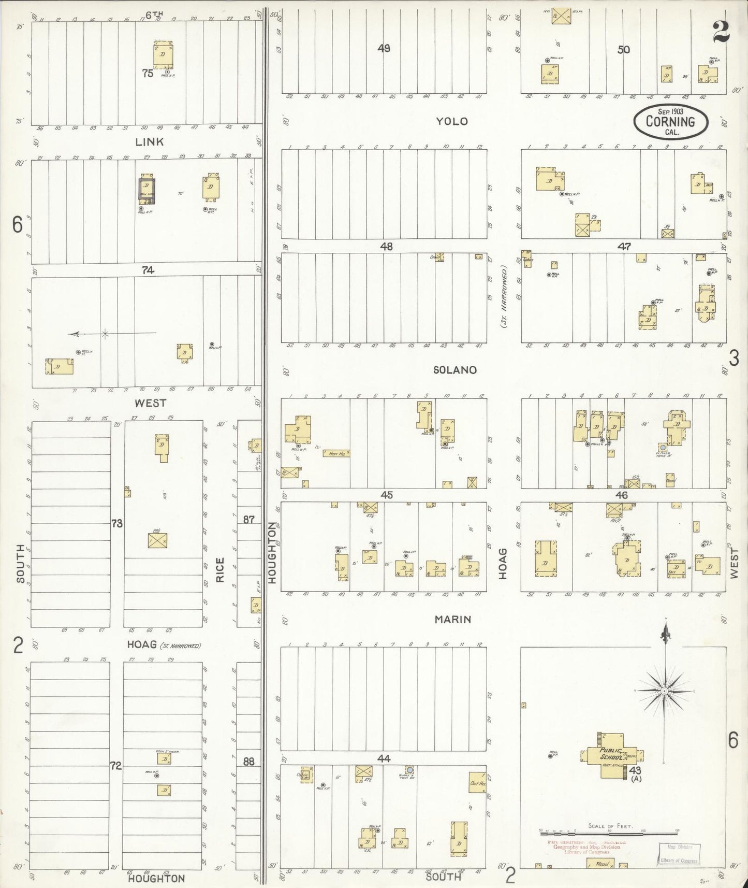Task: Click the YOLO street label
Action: pyautogui.click(x=451, y=121)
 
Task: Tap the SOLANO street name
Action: pyautogui.click(x=454, y=370)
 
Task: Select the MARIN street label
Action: pyautogui.click(x=452, y=619)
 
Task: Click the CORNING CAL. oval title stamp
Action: pyautogui.click(x=671, y=122)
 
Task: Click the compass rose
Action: pyautogui.click(x=664, y=691)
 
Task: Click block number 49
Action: pyautogui.click(x=384, y=49)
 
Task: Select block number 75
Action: pyautogui.click(x=148, y=74)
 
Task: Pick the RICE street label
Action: pyautogui.click(x=220, y=569)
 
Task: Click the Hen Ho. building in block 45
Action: pyautogui.click(x=336, y=453)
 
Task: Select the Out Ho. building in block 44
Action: pyautogui.click(x=477, y=783)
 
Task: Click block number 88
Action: pyautogui.click(x=249, y=762)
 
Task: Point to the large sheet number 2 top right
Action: pyautogui.click(x=721, y=32)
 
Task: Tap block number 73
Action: pyautogui.click(x=117, y=524)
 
